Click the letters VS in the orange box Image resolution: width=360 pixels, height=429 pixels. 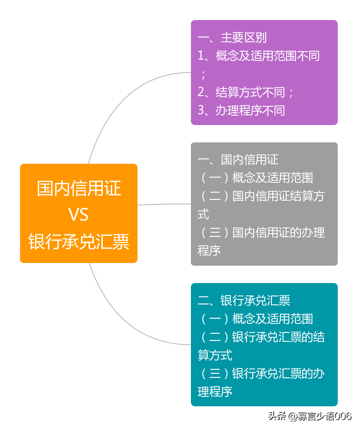(78, 214)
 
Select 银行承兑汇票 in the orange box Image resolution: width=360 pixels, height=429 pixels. (79, 242)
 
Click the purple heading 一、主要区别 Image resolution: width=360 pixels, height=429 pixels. (232, 38)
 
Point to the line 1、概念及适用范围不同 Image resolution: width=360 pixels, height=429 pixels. (259, 56)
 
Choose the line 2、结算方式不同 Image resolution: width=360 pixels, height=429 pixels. (246, 92)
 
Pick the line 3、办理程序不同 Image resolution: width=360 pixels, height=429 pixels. (241, 110)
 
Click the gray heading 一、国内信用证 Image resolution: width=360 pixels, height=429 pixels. (238, 160)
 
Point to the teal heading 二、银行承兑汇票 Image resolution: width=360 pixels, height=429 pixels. (244, 300)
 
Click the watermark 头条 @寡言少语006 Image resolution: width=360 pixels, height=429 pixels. (310, 417)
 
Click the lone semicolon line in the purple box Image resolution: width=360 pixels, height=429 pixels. (203, 74)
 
